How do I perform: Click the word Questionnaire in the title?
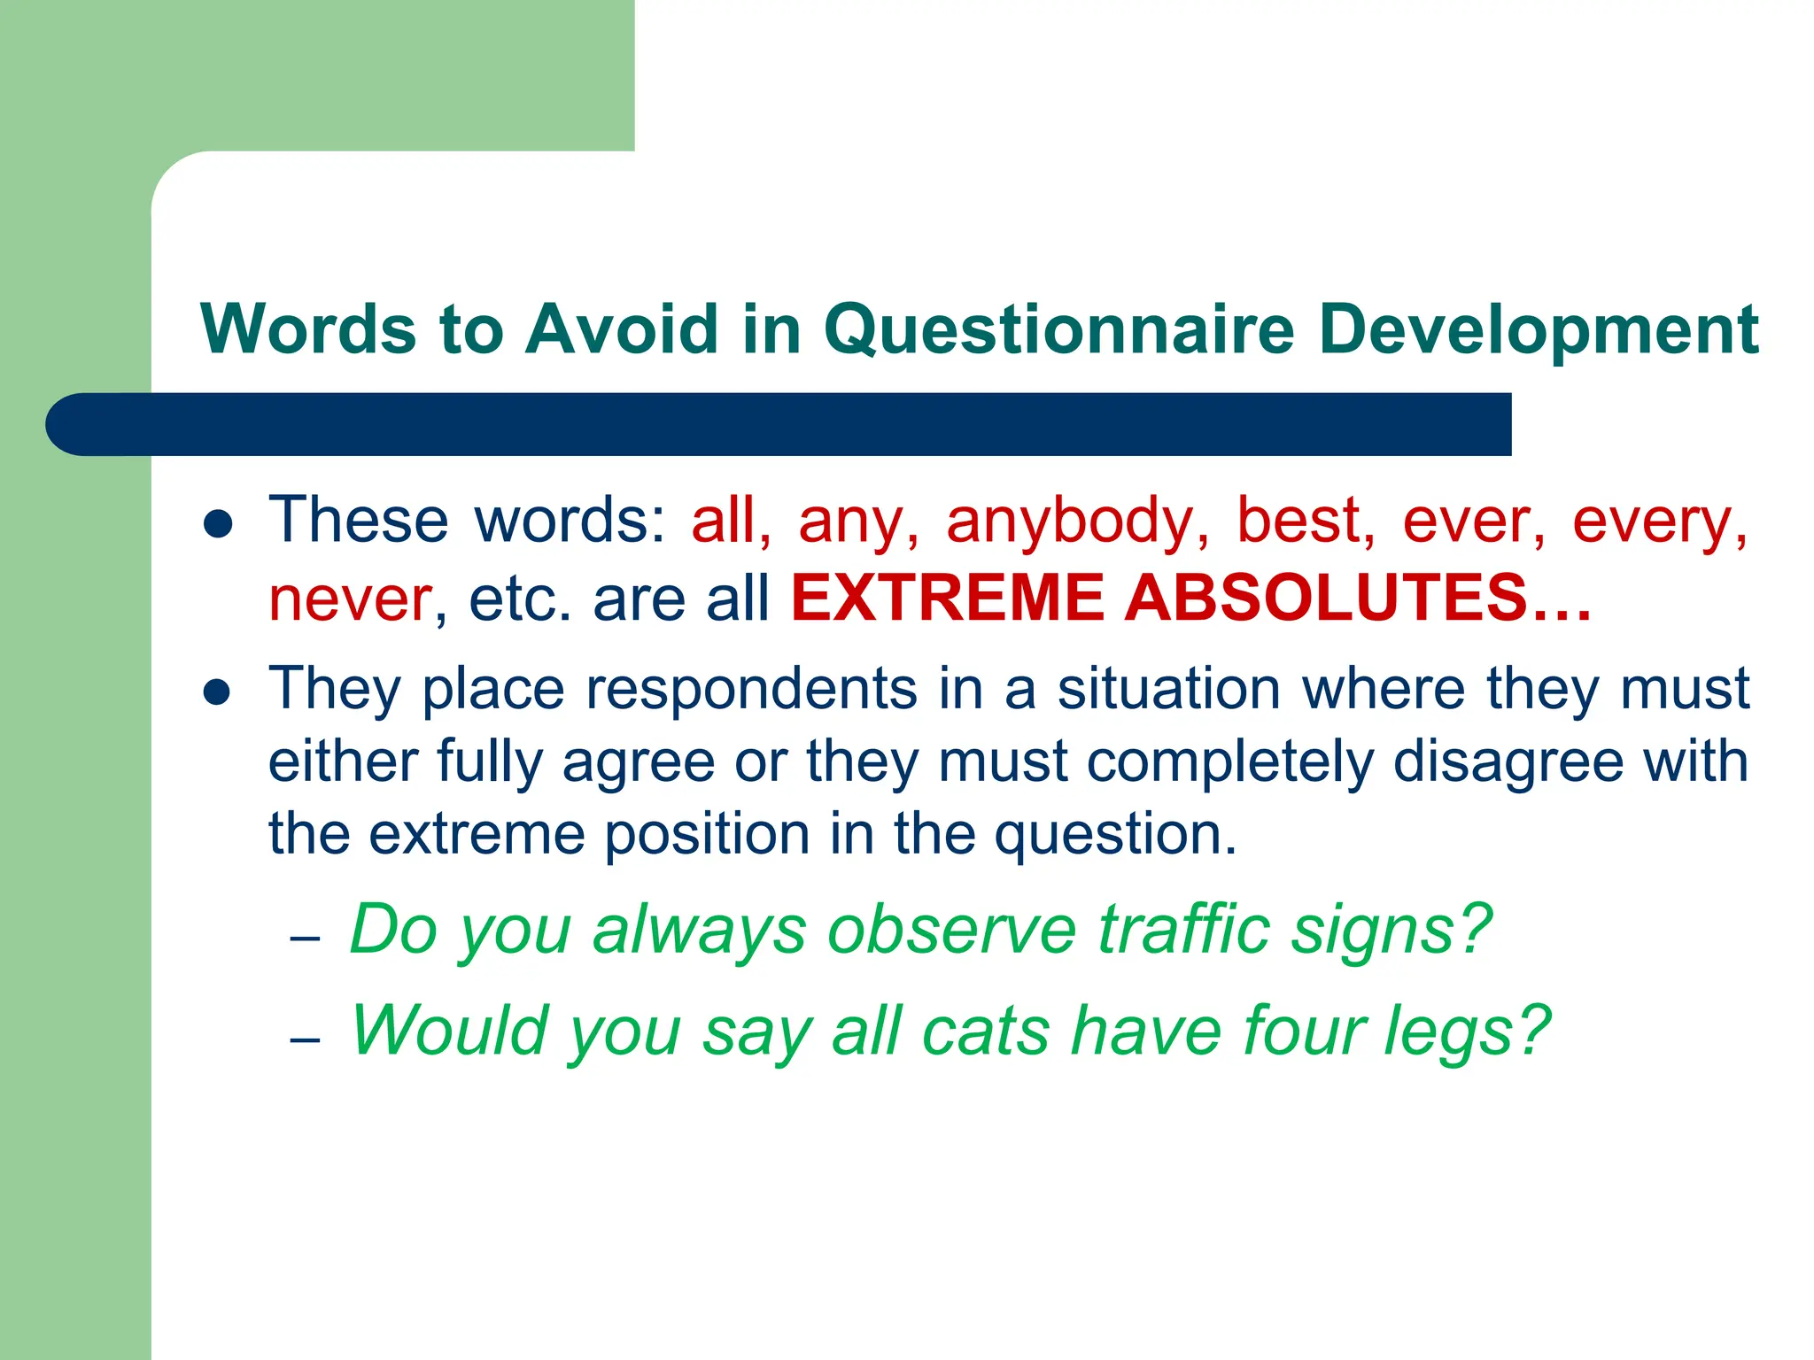coord(1059,329)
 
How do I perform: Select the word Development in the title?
coord(1538,329)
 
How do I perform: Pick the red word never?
coord(351,599)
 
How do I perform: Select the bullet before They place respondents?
coord(217,692)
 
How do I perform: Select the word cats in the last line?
coord(985,1032)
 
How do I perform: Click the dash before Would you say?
coord(305,1039)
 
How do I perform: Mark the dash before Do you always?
coord(305,938)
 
